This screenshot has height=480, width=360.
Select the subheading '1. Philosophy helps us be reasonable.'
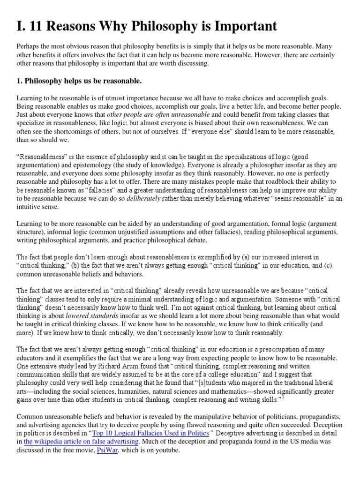(79, 82)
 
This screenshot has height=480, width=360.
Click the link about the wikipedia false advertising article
(81, 442)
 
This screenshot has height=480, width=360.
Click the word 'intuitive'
(31, 207)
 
